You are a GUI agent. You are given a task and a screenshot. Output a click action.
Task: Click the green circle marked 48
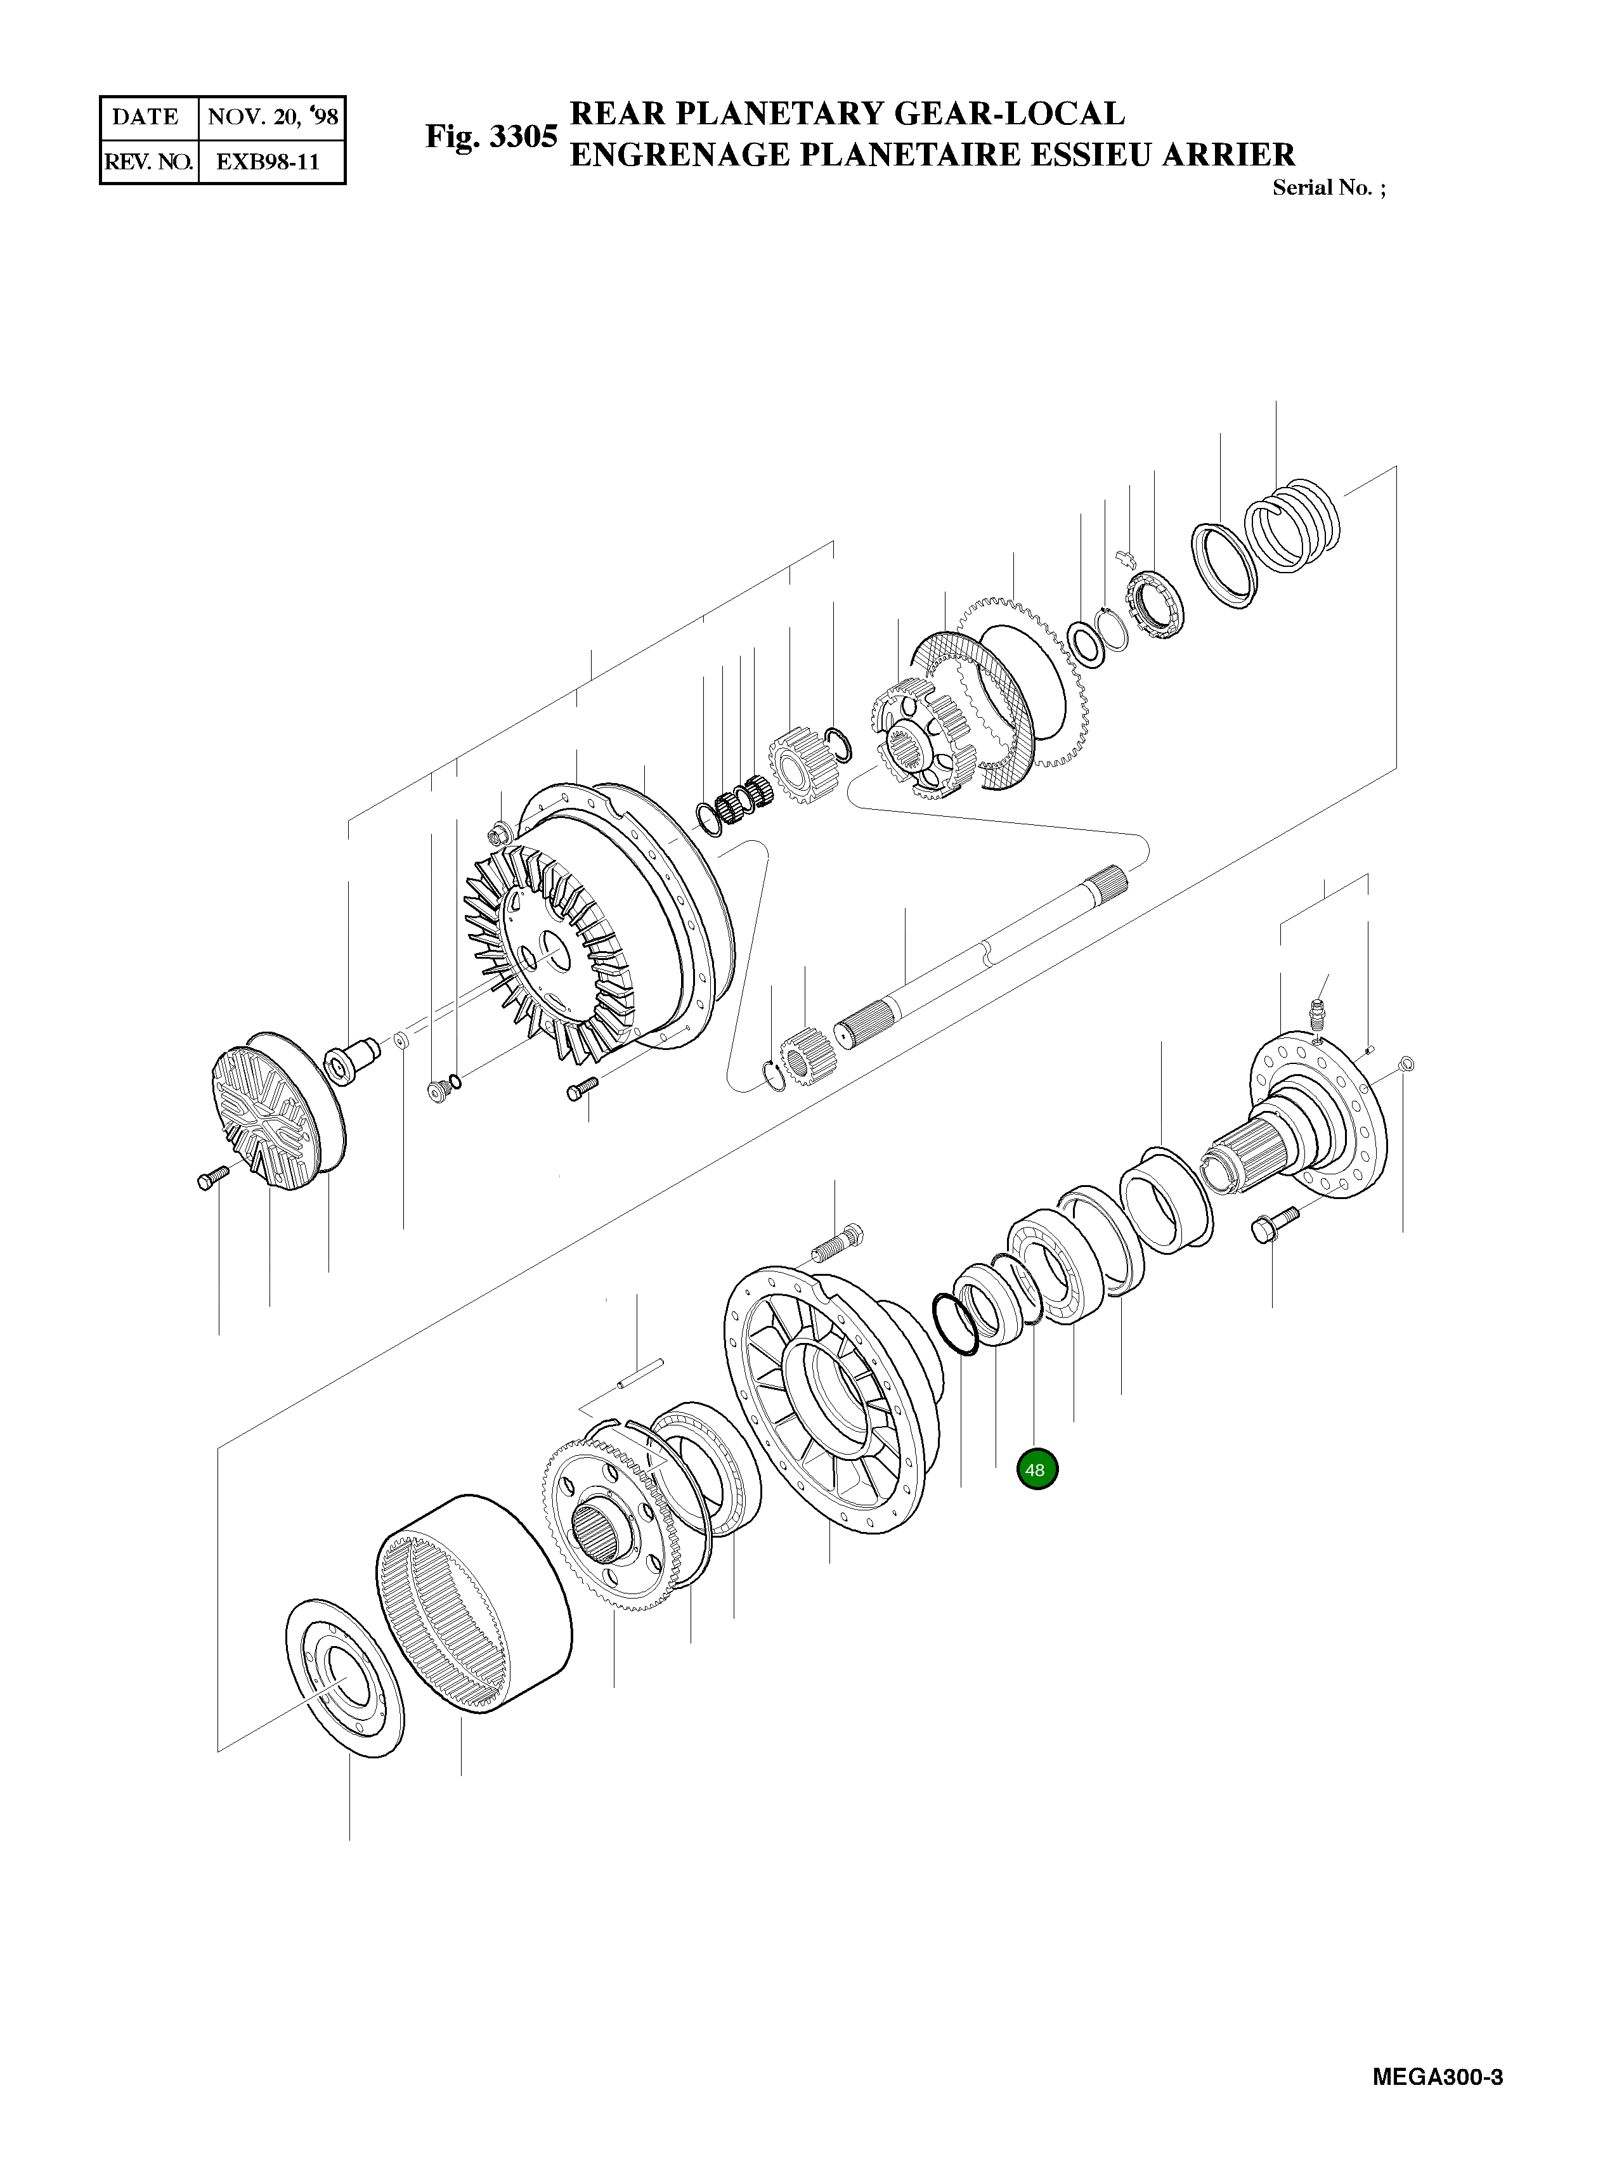click(1036, 1470)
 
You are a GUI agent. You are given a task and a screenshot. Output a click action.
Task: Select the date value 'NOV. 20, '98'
click(272, 118)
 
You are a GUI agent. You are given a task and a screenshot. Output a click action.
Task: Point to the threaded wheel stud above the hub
click(836, 1246)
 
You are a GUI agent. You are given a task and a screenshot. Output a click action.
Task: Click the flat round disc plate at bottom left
click(346, 1678)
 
